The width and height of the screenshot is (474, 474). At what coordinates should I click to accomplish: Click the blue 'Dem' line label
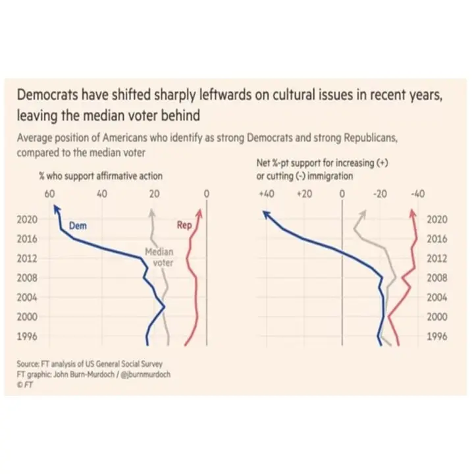coord(78,226)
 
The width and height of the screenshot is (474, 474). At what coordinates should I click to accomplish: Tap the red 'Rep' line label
coord(184,225)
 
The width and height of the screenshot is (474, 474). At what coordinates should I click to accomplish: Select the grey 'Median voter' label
coord(159,257)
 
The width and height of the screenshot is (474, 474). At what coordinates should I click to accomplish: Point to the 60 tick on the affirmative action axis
coord(49,194)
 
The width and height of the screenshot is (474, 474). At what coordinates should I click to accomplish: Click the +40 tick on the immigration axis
coord(266,194)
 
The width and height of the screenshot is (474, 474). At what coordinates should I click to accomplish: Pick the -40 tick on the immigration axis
coord(417,194)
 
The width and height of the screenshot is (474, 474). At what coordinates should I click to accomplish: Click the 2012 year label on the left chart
coord(27,259)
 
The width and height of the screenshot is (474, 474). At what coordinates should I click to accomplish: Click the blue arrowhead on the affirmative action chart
coord(55,210)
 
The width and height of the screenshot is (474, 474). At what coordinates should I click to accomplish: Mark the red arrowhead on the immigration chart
coord(413,213)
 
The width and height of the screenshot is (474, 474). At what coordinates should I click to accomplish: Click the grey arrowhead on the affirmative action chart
coord(153,212)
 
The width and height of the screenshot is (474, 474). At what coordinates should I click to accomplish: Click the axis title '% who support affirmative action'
coord(101,176)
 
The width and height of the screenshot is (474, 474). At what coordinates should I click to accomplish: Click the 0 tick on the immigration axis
coord(342,194)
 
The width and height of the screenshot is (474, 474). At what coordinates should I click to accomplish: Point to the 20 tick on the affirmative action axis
coord(154,194)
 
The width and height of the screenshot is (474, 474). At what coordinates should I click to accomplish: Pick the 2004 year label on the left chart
coord(27,298)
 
